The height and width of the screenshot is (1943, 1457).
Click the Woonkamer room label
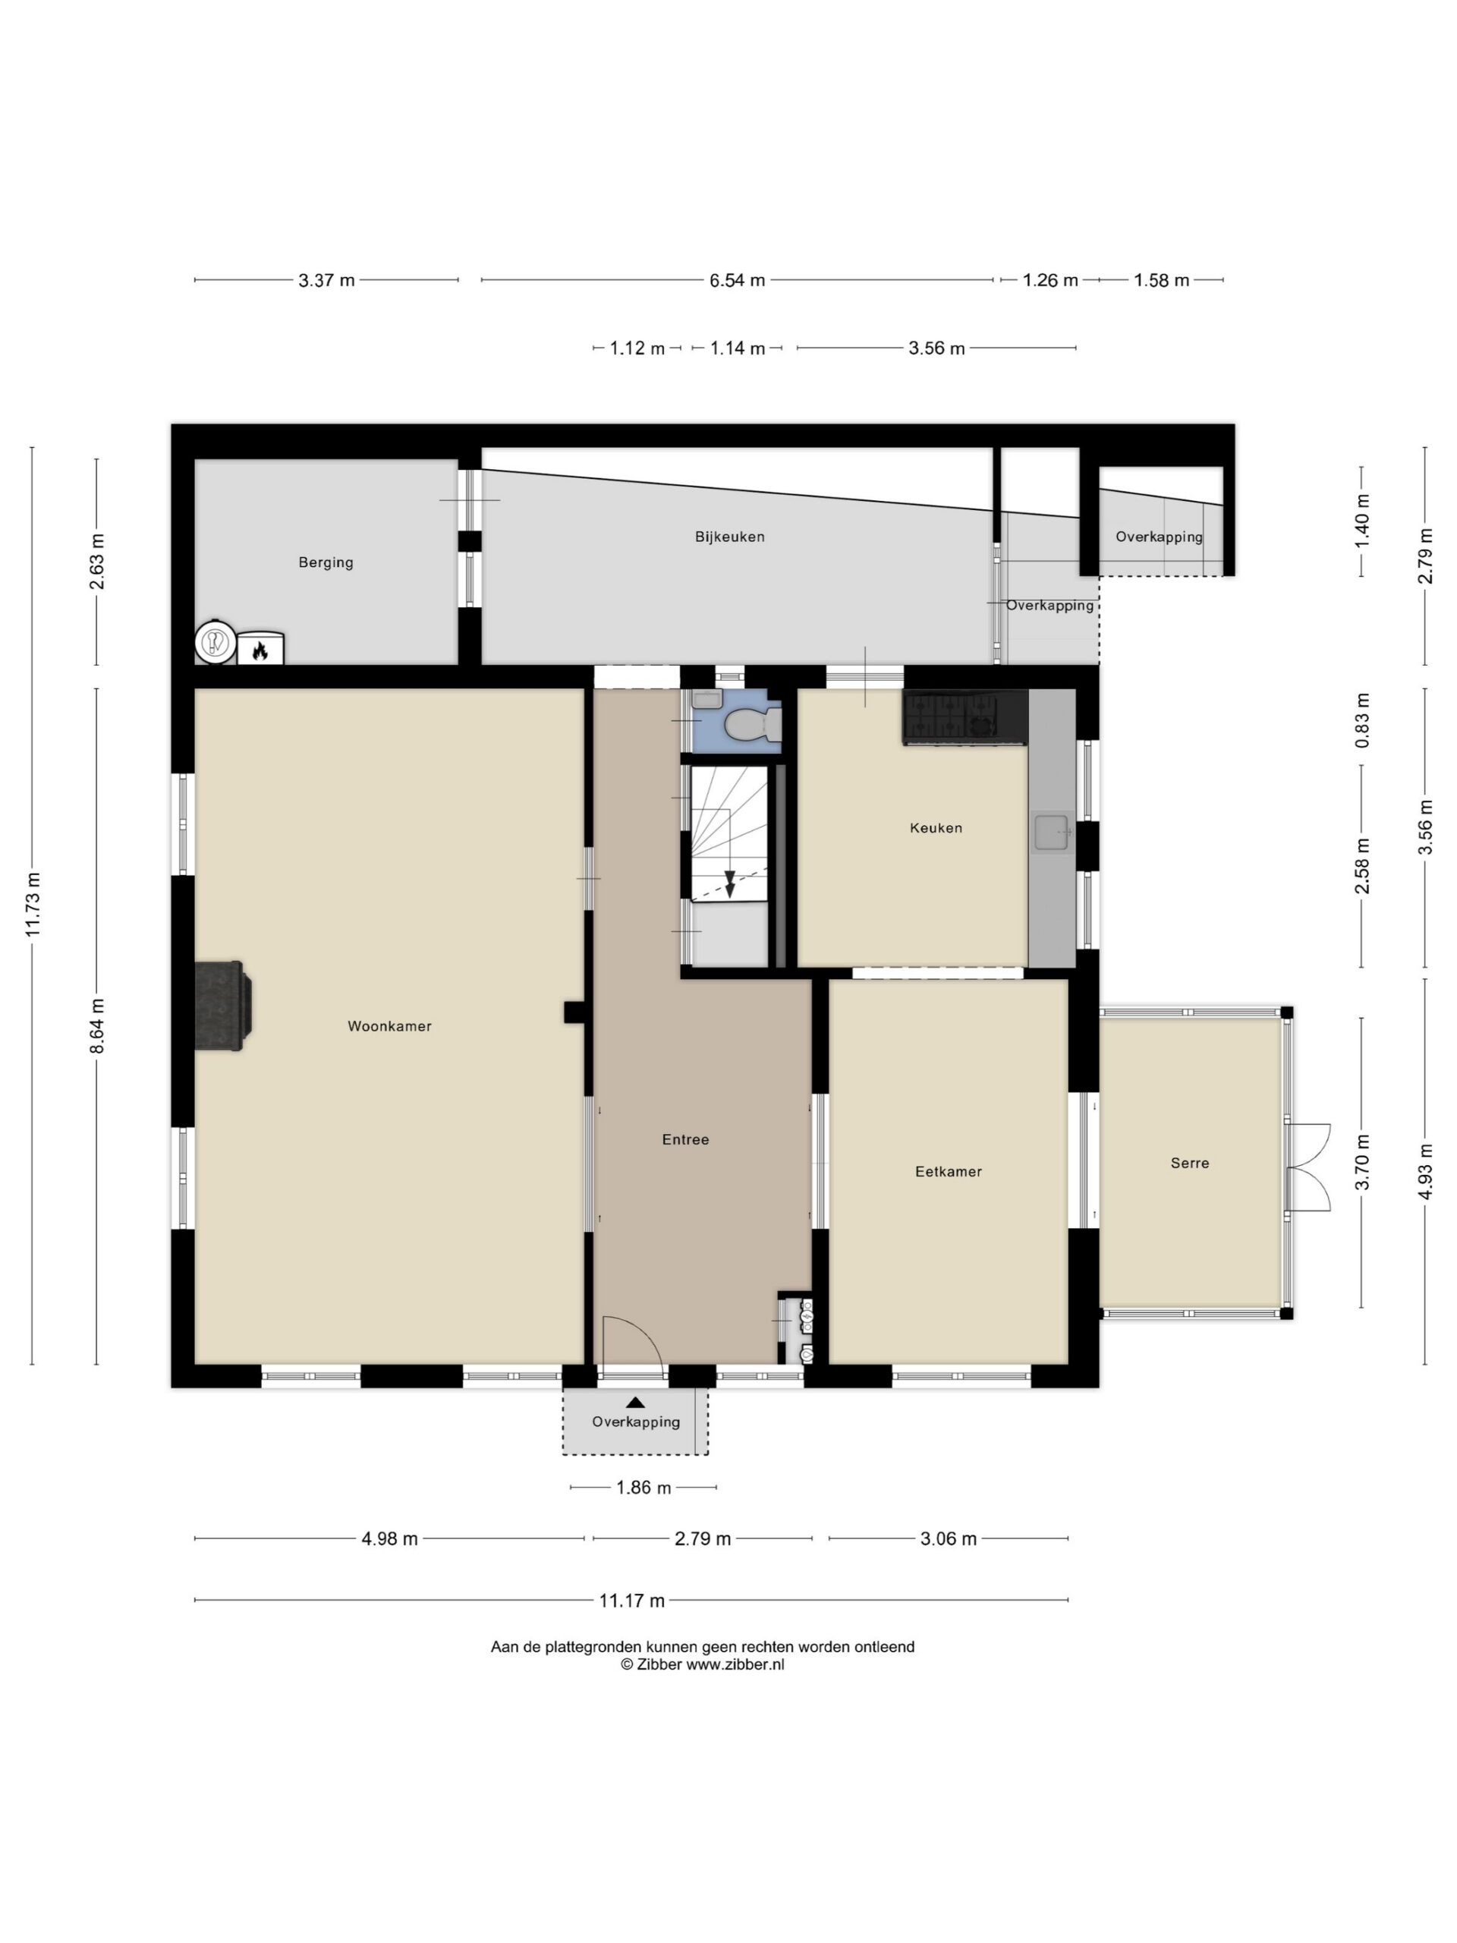coord(389,1026)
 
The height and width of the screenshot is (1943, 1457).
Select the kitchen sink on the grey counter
coord(1051,832)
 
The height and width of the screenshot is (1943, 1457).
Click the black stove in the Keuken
coord(965,716)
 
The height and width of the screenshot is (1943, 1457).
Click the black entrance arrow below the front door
coord(635,1403)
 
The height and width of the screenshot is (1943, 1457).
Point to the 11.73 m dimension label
coord(33,905)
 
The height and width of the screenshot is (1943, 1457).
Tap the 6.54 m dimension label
coord(737,280)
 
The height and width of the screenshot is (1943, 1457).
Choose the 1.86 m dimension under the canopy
coord(643,1487)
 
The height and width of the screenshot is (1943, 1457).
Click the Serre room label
coord(1190,1163)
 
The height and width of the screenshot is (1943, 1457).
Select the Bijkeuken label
coord(730,537)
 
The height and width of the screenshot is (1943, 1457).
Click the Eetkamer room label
coord(949,1171)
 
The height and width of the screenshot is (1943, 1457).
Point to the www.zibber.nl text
coord(735,1664)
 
